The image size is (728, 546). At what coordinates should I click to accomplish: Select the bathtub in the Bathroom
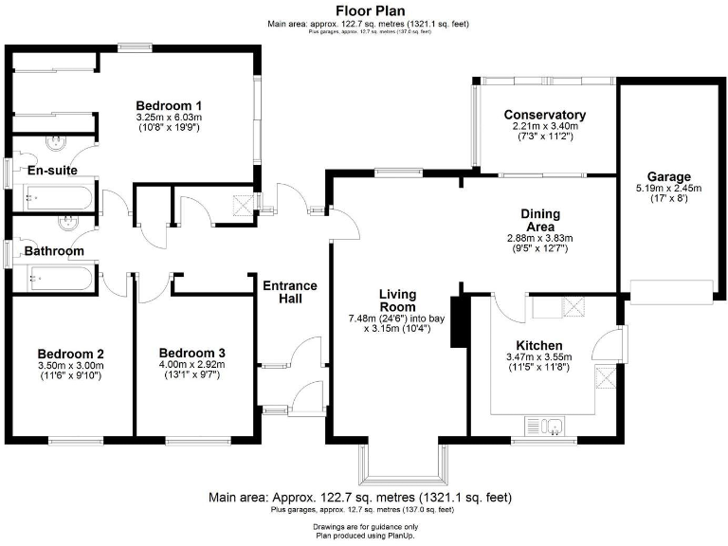click(x=56, y=279)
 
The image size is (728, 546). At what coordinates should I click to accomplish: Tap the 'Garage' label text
click(x=668, y=176)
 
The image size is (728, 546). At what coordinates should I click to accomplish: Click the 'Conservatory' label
click(x=544, y=115)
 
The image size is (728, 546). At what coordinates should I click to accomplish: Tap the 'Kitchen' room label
click(x=539, y=345)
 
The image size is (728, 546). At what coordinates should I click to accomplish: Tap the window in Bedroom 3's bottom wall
click(x=195, y=440)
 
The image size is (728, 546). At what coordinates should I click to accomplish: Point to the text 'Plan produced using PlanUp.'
click(x=365, y=536)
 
